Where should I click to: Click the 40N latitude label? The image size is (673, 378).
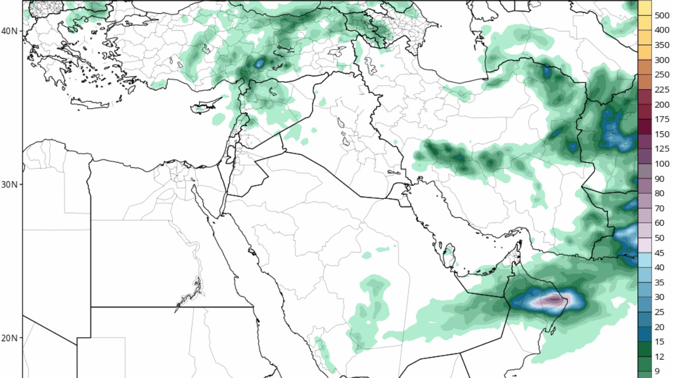click(x=9, y=31)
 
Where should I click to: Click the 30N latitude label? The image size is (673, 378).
click(x=9, y=185)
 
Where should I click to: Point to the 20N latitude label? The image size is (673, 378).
click(x=9, y=338)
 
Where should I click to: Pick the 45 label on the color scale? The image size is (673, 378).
click(x=659, y=253)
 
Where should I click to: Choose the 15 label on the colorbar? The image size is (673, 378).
click(x=659, y=342)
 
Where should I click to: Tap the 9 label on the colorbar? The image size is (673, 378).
click(x=657, y=371)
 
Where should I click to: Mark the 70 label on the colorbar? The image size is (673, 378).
click(x=659, y=208)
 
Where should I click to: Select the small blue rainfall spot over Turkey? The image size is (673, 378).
click(x=259, y=64)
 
